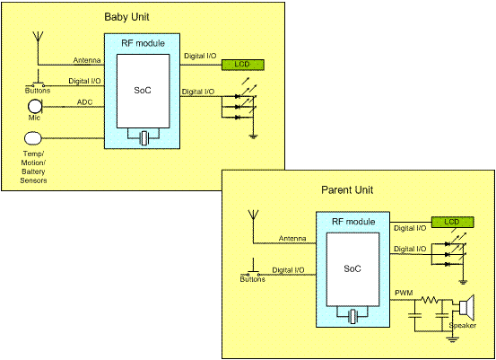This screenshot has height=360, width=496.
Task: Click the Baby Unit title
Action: coord(126,17)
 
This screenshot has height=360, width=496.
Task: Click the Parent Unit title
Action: coord(347,190)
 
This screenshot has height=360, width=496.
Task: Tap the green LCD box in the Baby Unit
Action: coord(243,65)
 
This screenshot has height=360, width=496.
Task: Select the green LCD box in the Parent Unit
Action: coord(453,222)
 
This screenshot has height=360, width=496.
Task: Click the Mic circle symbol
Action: coord(34,107)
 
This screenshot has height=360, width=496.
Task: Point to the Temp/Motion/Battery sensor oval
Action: coord(33,138)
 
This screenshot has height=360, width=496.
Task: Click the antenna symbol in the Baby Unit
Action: coord(38,37)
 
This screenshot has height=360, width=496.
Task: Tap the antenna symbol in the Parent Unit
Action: coord(253,215)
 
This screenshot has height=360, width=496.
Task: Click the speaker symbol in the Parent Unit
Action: coord(467,305)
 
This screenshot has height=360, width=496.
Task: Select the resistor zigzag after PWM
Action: coord(430,299)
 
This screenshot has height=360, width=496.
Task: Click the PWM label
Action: coord(404,293)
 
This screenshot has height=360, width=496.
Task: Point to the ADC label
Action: coord(85,102)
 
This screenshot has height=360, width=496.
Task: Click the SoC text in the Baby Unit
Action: coord(143,91)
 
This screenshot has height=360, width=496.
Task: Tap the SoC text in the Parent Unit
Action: coord(352,268)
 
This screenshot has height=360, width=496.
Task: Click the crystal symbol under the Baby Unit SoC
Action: coord(144,138)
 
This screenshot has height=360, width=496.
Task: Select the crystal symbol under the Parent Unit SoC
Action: coord(353,316)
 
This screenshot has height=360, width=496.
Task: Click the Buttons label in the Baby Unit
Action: coord(38,91)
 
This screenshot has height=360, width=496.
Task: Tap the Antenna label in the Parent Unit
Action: coord(292,239)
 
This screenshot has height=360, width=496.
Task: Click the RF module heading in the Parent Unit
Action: coord(353,222)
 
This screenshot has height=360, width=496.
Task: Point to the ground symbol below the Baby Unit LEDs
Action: coord(253,136)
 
